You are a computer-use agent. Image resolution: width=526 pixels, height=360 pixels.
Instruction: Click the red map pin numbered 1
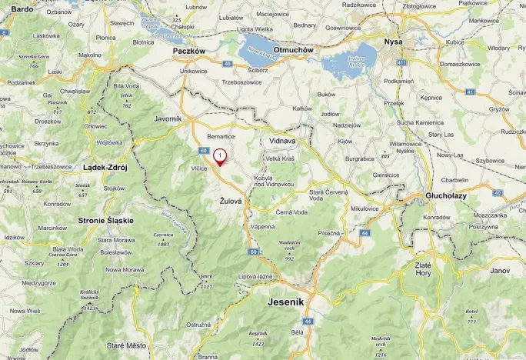tap(220, 156)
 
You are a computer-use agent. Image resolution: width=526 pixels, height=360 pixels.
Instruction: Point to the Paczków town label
tap(189, 51)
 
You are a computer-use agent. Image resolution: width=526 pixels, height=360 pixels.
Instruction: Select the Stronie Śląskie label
tap(105, 220)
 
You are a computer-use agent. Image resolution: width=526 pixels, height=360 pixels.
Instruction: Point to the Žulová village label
tap(231, 201)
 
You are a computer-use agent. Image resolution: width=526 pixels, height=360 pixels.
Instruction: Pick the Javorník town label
tap(168, 119)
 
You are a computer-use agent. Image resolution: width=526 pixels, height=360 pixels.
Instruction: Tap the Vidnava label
tap(282, 142)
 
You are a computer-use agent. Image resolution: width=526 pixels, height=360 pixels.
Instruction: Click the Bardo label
tap(22, 8)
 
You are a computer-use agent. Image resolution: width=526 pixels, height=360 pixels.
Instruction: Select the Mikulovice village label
tap(365, 208)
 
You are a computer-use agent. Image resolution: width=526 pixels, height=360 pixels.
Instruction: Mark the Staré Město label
tap(126, 345)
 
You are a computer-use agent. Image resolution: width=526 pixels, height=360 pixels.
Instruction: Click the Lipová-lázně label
tap(256, 275)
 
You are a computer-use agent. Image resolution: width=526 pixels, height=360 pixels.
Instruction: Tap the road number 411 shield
tap(401, 62)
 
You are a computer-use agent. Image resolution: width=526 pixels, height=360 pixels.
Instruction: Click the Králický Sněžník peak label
tap(90, 296)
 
